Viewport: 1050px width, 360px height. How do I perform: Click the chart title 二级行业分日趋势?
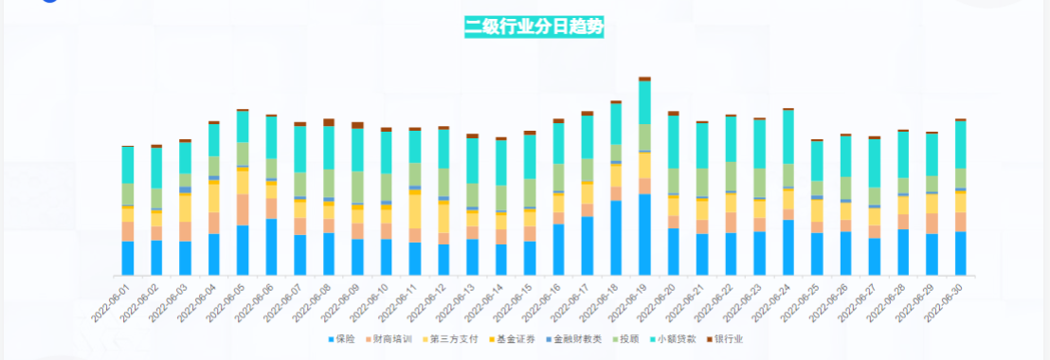point(534,26)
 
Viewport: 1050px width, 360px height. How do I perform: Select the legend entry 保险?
point(344,338)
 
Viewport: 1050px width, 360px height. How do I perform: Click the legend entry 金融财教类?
point(577,338)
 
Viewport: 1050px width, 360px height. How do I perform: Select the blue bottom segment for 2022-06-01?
point(128,258)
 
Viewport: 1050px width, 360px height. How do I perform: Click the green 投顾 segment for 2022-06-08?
point(329,183)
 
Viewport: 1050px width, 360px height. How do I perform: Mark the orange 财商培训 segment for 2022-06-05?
point(243,209)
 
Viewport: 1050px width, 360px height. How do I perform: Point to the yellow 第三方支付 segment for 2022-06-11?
point(415,211)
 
